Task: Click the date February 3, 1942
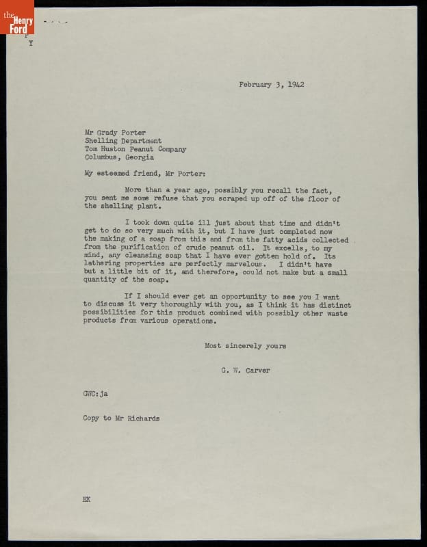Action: click(x=272, y=85)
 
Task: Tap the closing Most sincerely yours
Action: click(x=246, y=346)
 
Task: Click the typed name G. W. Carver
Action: click(x=246, y=371)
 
